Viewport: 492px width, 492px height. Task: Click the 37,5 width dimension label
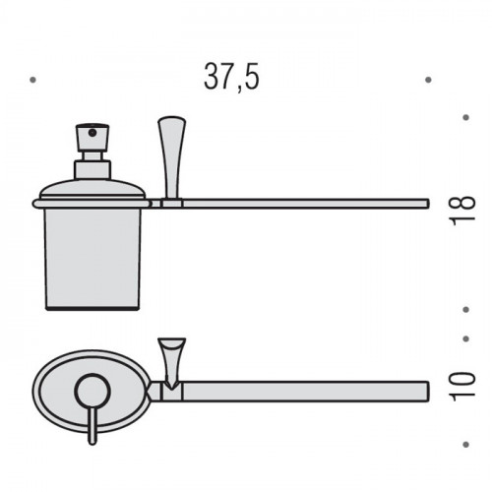231,77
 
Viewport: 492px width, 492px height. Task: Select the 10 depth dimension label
462,387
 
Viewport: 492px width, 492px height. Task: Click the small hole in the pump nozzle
93,133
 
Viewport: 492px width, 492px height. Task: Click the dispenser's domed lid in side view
92,190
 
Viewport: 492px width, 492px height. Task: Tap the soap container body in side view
92,259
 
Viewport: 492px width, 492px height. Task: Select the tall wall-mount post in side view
172,157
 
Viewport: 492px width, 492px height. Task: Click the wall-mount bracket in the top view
172,362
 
